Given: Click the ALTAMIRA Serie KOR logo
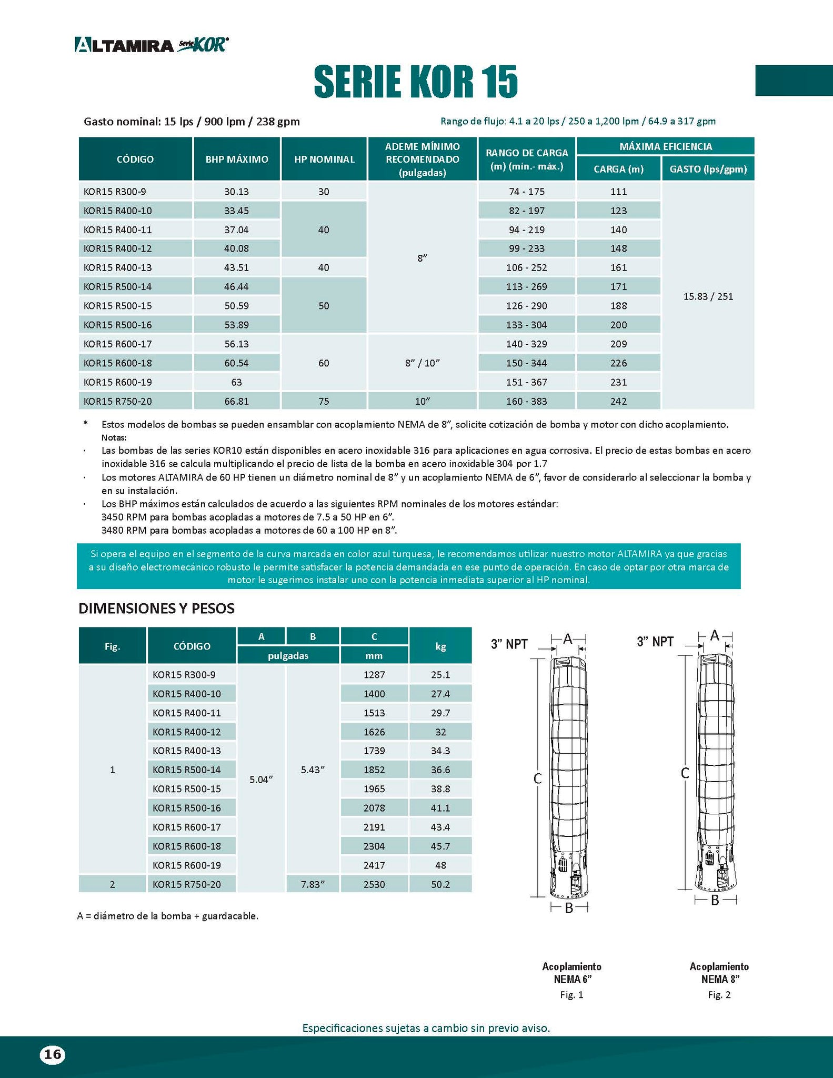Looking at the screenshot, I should click(x=152, y=45).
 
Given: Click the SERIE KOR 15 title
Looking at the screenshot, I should click(x=416, y=82).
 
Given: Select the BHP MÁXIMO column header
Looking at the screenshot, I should click(x=237, y=159).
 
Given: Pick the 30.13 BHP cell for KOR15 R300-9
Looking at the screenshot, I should click(x=237, y=192).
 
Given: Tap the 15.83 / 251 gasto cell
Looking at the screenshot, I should click(x=708, y=296).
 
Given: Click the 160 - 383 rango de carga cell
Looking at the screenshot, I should click(x=526, y=401).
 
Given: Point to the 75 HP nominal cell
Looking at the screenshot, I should click(x=324, y=401).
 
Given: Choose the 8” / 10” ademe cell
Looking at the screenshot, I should click(x=422, y=363).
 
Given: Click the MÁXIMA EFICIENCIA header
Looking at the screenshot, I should click(x=665, y=146).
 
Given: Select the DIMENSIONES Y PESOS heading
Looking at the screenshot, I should click(x=156, y=608).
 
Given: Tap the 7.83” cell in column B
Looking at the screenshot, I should click(x=313, y=884).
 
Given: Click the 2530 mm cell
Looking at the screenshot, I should click(x=374, y=884).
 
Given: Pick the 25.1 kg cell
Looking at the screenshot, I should click(x=440, y=675).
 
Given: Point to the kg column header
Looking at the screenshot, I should click(x=440, y=646).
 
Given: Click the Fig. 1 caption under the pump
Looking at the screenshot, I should click(x=571, y=995).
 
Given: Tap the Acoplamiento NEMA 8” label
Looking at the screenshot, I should click(x=719, y=973).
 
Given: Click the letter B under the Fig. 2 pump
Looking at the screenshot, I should click(x=715, y=901).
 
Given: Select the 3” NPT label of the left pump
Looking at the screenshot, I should click(x=509, y=644).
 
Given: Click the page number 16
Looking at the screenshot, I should click(x=52, y=1054).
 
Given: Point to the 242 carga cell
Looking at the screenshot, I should click(x=618, y=401).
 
